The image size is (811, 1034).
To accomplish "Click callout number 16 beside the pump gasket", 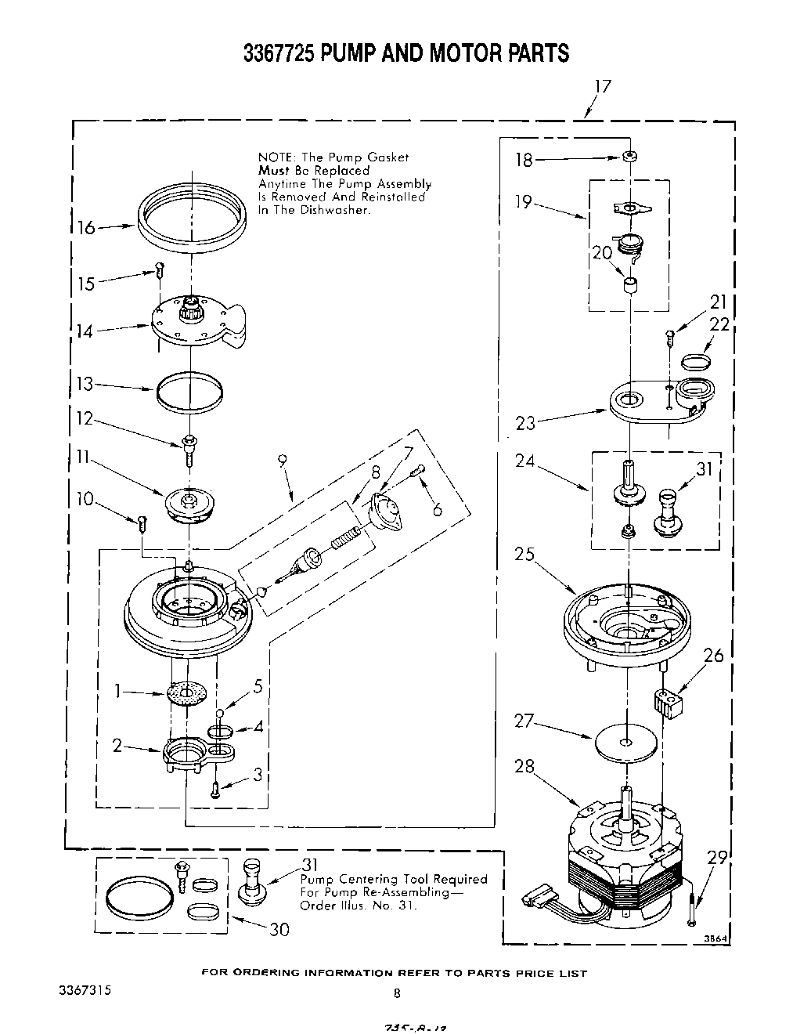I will tap(86, 228).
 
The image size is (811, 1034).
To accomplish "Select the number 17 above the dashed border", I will tap(601, 86).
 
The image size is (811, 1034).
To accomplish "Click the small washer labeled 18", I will tap(628, 157).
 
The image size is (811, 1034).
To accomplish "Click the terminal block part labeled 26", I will tap(668, 700).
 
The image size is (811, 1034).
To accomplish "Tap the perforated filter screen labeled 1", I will tap(188, 692).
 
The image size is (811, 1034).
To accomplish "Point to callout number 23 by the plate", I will tap(526, 423).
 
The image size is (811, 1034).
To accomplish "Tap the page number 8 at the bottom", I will tap(397, 993).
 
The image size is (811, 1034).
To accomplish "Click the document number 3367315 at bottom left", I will tap(85, 990).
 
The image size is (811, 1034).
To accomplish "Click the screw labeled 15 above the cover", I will tap(159, 270).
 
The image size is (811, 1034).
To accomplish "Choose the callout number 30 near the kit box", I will tap(279, 929).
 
